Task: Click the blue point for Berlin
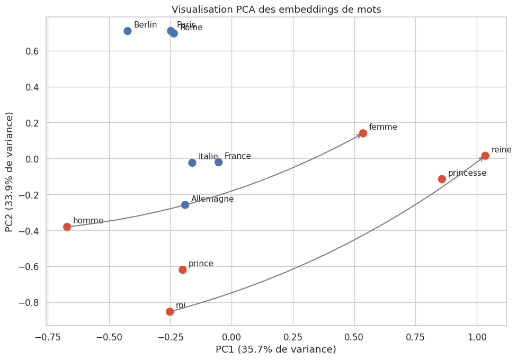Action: [x=128, y=31]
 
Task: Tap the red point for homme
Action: [x=67, y=227]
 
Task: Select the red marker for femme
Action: [x=363, y=133]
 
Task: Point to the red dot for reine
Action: [x=485, y=156]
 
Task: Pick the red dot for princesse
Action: [x=442, y=179]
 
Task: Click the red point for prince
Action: [x=183, y=269]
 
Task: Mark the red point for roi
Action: [x=170, y=311]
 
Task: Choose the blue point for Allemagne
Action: [x=185, y=205]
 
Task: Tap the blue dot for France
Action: [x=219, y=162]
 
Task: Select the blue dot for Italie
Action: [x=192, y=163]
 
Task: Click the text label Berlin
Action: [x=145, y=25]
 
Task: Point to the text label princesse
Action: [x=467, y=173]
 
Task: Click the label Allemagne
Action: [x=212, y=199]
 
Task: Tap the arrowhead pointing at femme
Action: [x=359, y=136]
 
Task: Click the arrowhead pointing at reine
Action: [x=482, y=158]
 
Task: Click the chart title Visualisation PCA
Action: [x=276, y=10]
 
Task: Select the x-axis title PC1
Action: [x=275, y=349]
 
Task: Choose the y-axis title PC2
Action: [x=9, y=172]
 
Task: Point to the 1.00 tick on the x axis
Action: [x=477, y=336]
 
